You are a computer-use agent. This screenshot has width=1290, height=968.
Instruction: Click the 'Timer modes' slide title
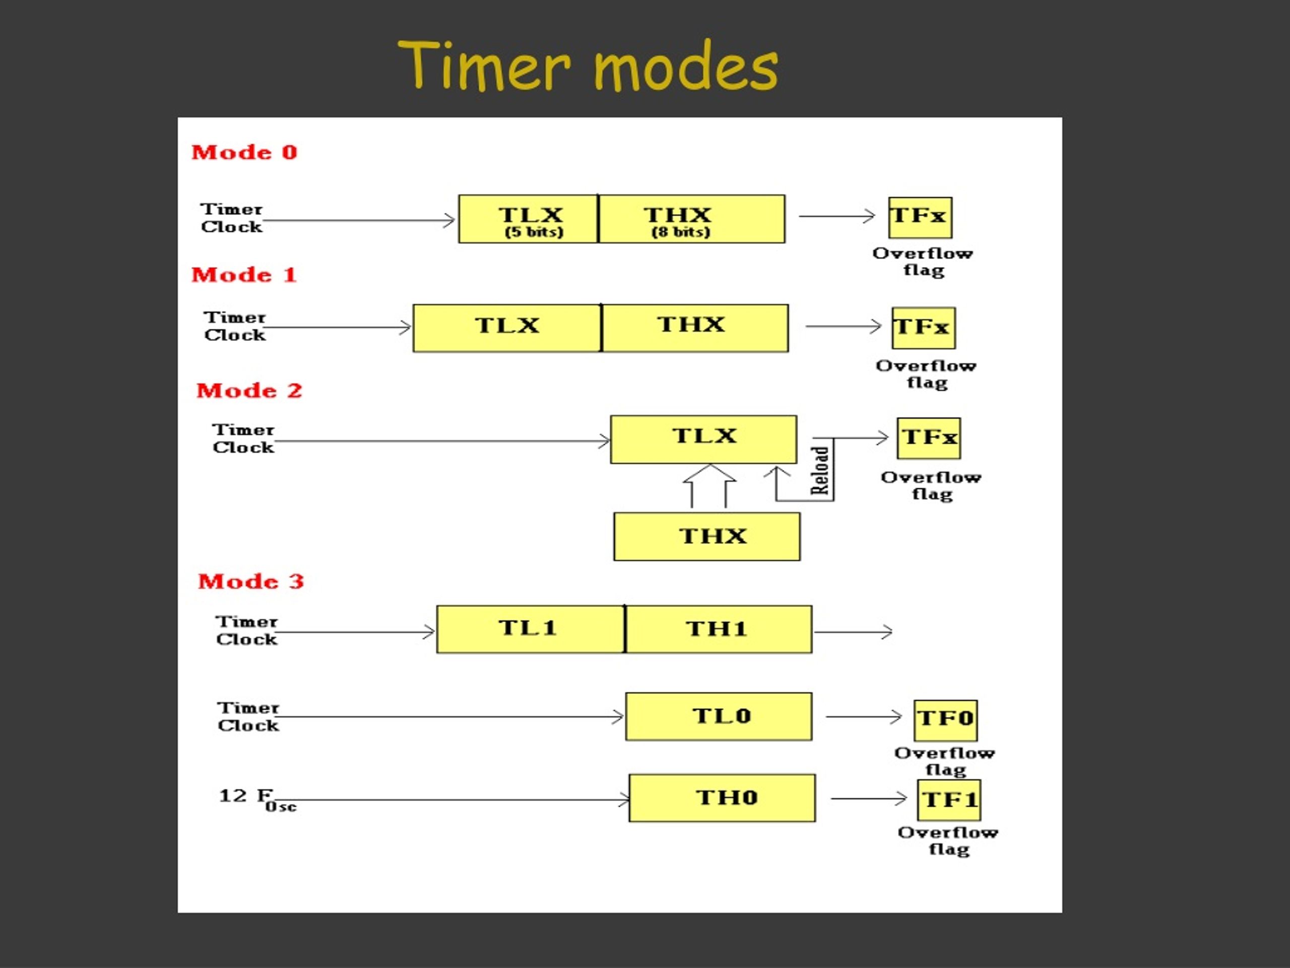(x=588, y=66)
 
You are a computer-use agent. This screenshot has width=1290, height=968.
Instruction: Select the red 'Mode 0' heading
(x=244, y=152)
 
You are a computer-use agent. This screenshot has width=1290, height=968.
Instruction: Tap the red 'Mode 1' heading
(x=244, y=274)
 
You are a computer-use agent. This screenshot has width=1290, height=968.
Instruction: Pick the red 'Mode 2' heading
(x=249, y=390)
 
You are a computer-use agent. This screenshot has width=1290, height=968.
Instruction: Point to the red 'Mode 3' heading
(x=251, y=581)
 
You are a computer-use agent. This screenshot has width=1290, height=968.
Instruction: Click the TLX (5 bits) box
(x=529, y=219)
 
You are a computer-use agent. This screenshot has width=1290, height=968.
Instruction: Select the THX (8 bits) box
(x=692, y=219)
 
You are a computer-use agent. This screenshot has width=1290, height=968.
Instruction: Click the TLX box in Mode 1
(x=507, y=328)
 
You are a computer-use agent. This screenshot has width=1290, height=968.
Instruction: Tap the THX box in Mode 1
(x=694, y=328)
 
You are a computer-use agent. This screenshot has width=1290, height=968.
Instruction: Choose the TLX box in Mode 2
(x=703, y=439)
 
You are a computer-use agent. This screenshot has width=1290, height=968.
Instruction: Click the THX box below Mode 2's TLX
(x=707, y=537)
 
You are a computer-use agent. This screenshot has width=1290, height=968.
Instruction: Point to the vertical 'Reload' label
(x=820, y=471)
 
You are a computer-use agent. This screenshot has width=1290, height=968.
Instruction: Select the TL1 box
(x=531, y=629)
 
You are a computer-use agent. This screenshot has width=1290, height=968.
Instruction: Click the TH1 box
(x=719, y=629)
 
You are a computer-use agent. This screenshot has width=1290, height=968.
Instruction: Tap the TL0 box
(x=719, y=716)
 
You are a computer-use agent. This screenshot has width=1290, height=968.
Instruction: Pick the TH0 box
(x=722, y=798)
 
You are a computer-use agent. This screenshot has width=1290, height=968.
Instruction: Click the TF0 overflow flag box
(x=945, y=720)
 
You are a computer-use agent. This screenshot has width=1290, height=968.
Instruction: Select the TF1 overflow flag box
(x=949, y=800)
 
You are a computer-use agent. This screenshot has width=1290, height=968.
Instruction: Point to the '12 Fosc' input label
(x=257, y=800)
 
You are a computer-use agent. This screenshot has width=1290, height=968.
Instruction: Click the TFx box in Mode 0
(x=920, y=218)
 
